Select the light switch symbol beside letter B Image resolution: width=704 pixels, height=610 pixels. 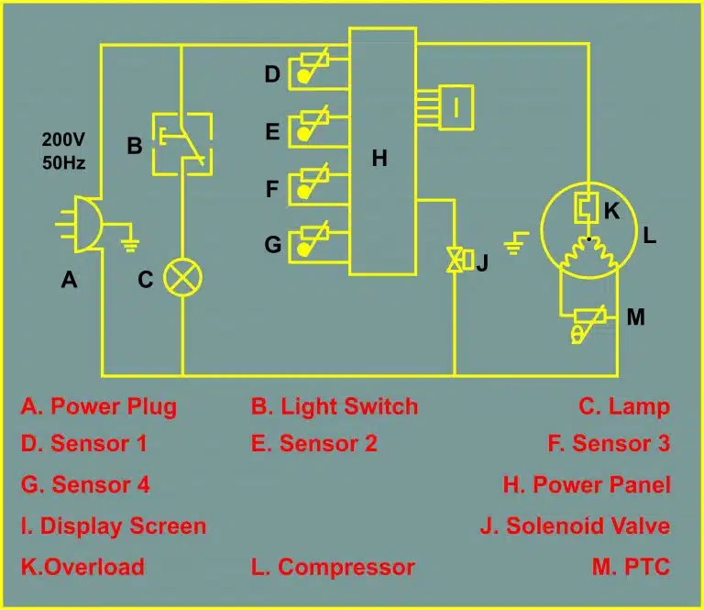coord(182,144)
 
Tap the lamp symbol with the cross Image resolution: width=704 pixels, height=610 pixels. coord(182,277)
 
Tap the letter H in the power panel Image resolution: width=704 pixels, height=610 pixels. coord(379,158)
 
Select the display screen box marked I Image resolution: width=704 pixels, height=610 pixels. coord(456,107)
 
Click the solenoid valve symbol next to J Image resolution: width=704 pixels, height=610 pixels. coord(460,260)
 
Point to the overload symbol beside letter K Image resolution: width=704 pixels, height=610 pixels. coord(587,207)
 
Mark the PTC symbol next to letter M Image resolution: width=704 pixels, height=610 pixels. coord(588,324)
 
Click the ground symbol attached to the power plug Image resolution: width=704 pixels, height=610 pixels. coord(130,245)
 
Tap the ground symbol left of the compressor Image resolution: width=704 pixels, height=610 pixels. coord(515,243)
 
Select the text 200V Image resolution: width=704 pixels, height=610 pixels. coord(63,139)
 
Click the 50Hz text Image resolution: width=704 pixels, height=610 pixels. coord(64,162)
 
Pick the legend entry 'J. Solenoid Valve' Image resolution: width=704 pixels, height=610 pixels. coord(575,526)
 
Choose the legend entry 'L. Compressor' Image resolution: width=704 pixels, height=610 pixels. coord(333,567)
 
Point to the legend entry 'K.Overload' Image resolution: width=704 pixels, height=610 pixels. coord(83,567)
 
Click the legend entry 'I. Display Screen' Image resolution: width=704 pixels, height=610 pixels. coord(114,527)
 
